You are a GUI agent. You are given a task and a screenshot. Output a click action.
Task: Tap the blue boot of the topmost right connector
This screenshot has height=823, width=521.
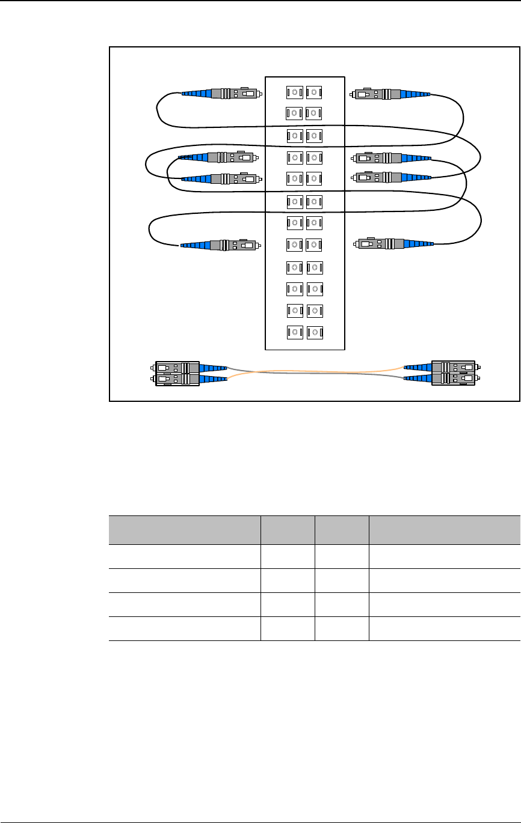coord(415,94)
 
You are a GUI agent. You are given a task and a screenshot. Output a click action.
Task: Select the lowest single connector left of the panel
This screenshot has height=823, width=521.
coord(220,245)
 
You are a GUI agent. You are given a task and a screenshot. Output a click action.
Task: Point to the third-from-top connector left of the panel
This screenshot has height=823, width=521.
coord(220,178)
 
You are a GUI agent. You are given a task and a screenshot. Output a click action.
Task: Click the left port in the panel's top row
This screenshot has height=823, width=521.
coord(294,93)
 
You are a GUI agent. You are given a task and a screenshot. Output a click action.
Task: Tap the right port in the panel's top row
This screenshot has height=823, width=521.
coord(314,93)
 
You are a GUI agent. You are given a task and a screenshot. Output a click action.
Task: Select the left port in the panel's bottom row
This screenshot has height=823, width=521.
coord(294,332)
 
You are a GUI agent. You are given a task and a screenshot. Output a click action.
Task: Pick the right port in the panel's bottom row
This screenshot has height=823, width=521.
coord(314,332)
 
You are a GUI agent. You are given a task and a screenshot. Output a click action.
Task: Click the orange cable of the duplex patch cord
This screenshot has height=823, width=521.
coord(313,370)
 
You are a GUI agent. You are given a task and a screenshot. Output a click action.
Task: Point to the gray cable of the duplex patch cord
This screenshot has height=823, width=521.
coord(313,374)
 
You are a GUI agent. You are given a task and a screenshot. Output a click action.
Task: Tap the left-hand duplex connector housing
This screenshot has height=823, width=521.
coord(177,373)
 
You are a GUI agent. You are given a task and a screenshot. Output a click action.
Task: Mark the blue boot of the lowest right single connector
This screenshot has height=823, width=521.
coord(418,244)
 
